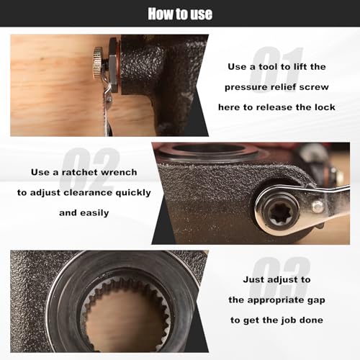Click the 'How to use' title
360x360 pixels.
(180, 14)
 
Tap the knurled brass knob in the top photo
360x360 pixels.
(98, 63)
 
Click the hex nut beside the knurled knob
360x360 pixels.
(113, 65)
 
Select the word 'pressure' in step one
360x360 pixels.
(244, 87)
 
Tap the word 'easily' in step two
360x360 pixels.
(94, 213)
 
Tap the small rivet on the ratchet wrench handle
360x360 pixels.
(318, 207)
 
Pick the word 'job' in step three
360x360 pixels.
(289, 320)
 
